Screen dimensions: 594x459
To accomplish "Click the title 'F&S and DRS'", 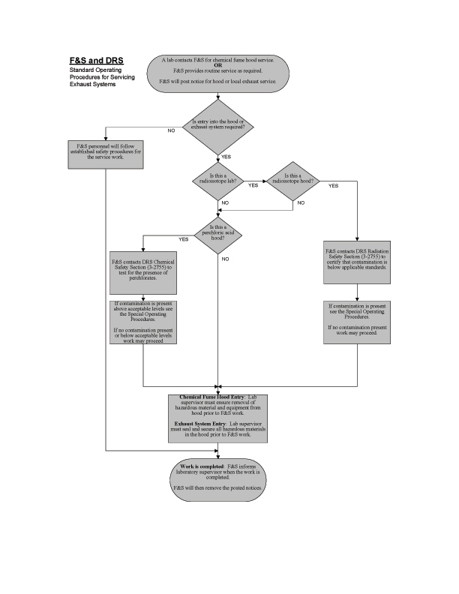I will click(x=91, y=60).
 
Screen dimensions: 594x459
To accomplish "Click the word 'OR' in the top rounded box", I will click(x=218, y=64).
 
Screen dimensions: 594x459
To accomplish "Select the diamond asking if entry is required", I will click(x=218, y=125).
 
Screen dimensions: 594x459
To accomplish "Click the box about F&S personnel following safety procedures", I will click(x=104, y=150).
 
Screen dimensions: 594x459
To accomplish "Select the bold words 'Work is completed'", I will click(x=197, y=466).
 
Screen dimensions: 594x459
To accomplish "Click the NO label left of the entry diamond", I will click(x=171, y=130).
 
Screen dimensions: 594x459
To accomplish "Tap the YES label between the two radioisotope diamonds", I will click(x=253, y=184).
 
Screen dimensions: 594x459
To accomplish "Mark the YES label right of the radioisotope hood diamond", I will click(x=333, y=184).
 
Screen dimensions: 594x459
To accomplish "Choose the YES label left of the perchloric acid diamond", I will click(x=184, y=239).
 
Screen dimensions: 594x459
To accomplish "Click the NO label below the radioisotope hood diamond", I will click(x=301, y=202).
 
